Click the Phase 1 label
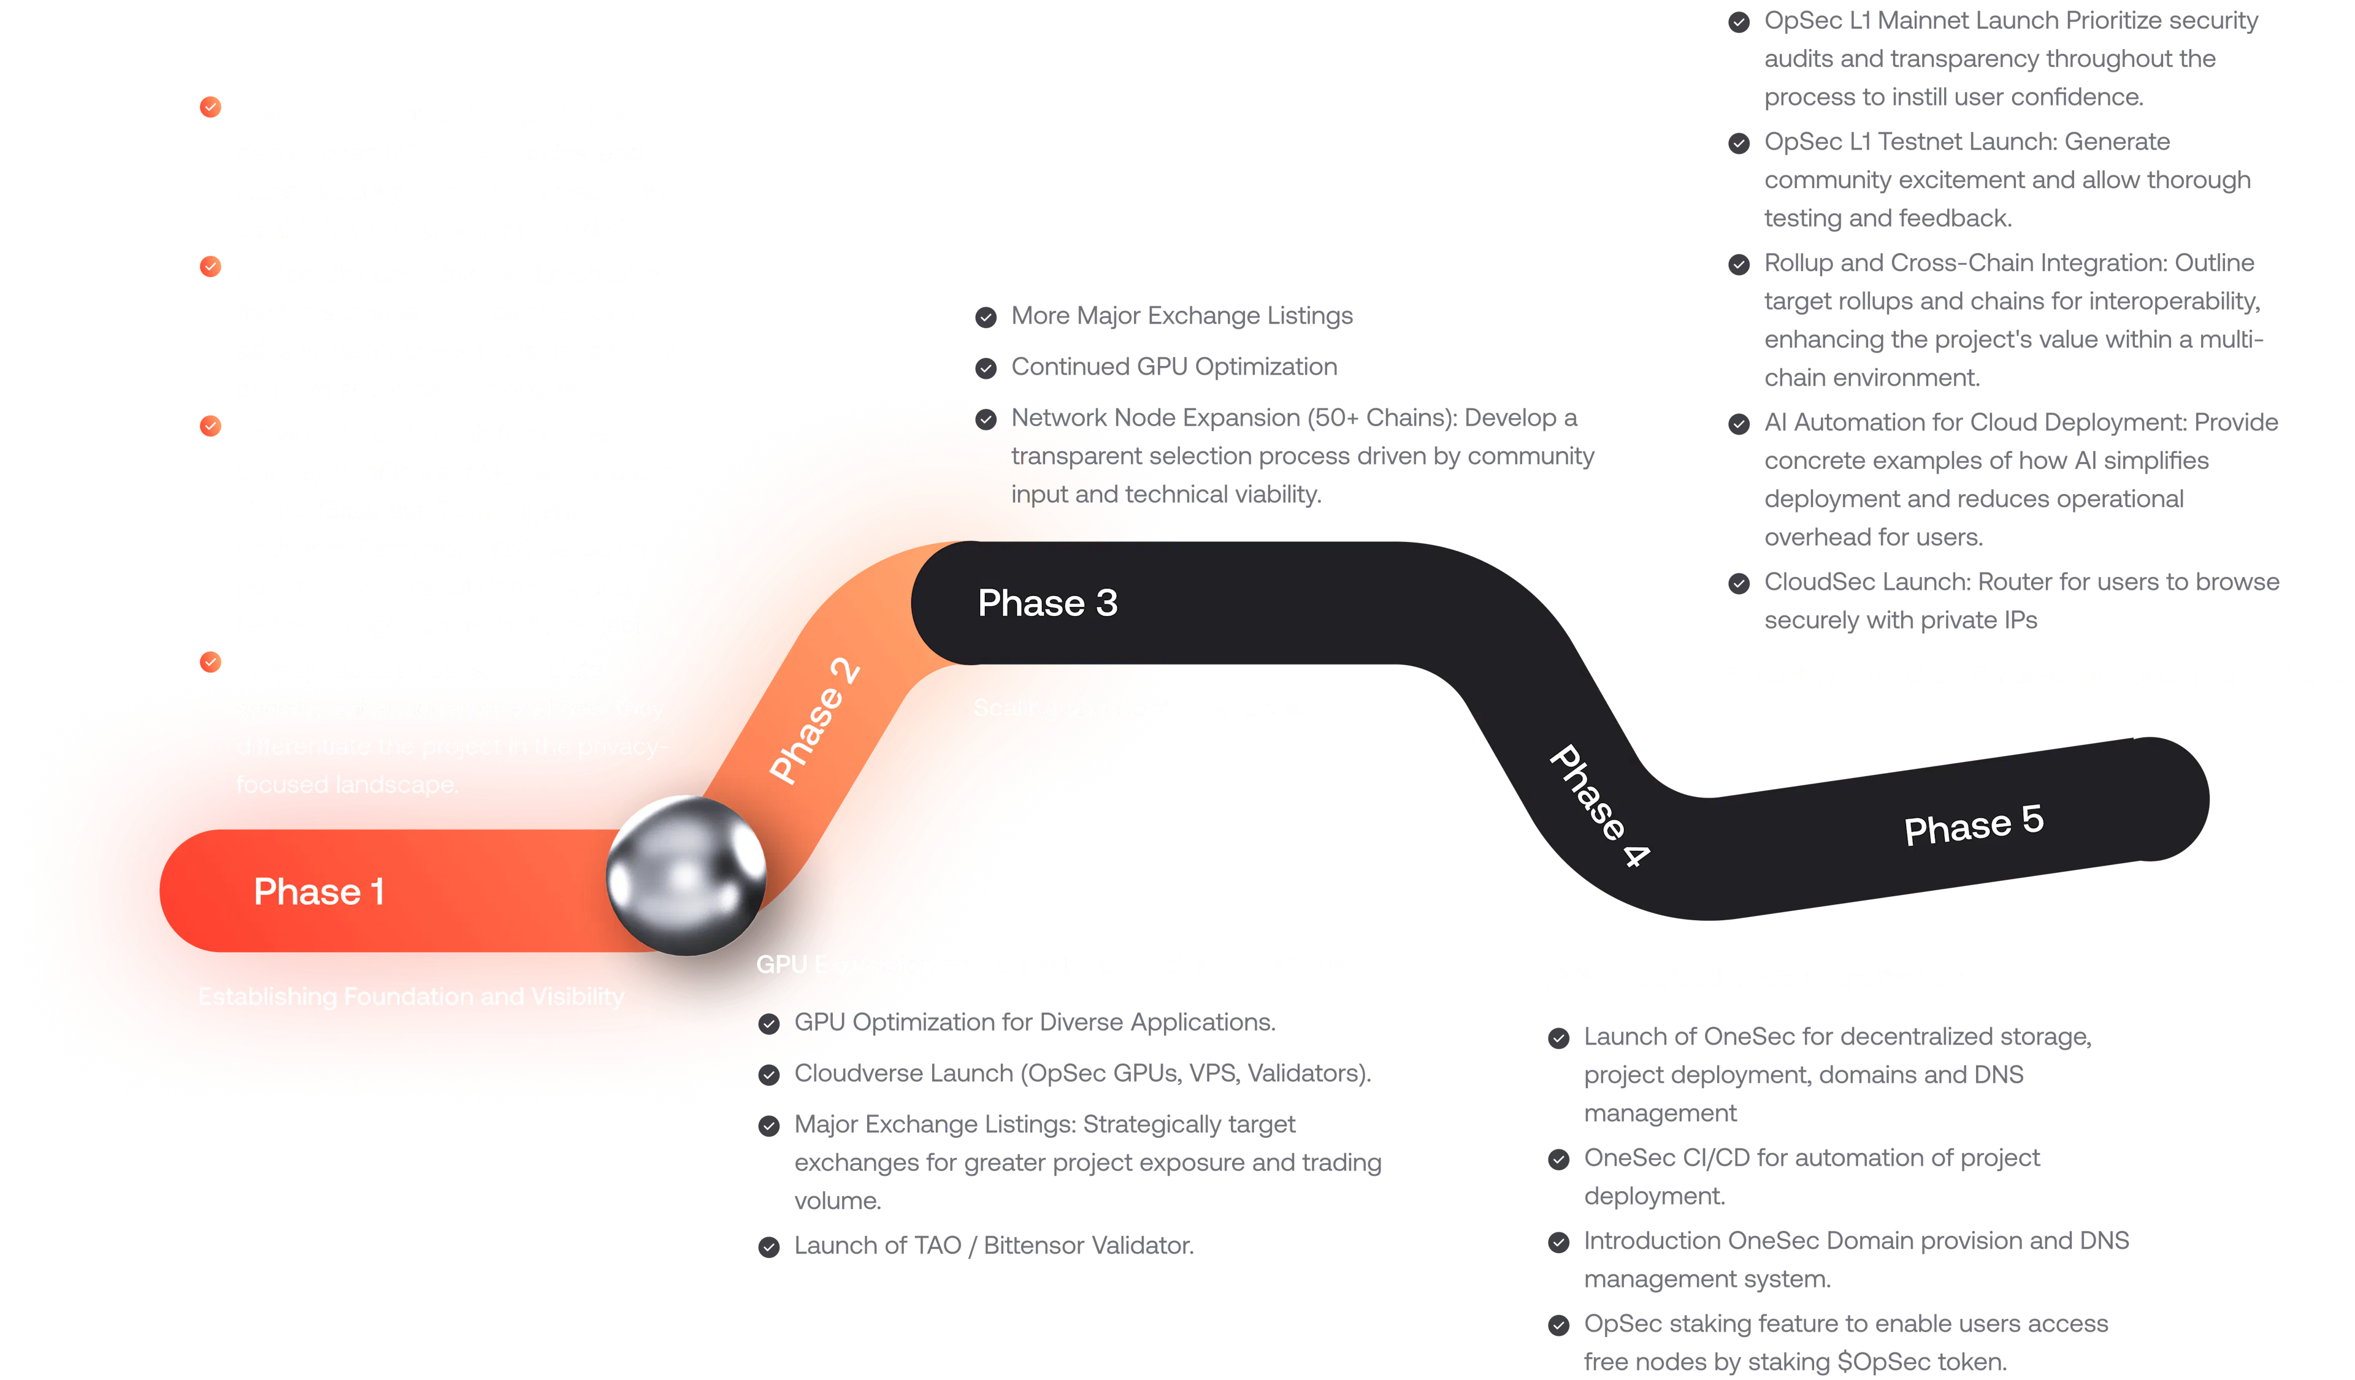coord(319,892)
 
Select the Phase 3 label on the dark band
coord(1047,604)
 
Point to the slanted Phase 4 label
coord(1599,806)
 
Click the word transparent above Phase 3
coord(1074,456)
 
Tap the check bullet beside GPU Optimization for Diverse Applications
coord(769,1024)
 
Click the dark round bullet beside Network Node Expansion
coord(986,419)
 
